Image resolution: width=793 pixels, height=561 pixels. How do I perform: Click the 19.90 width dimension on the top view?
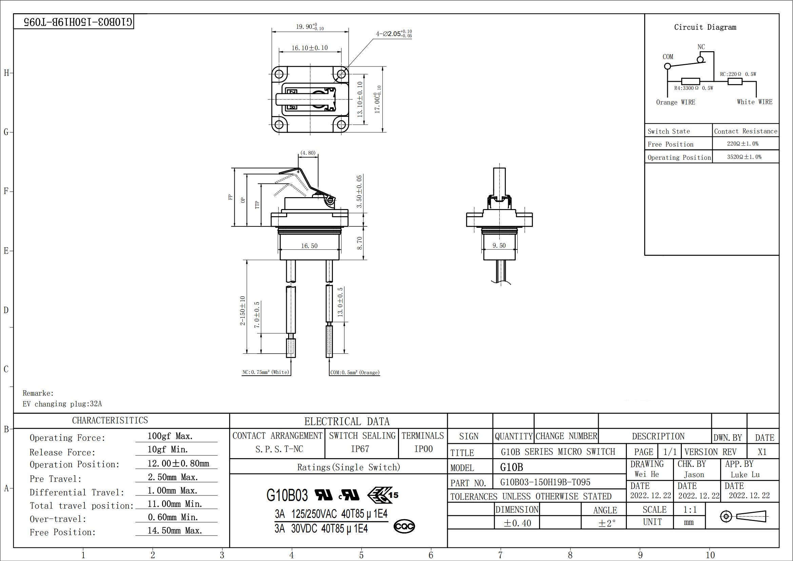[x=310, y=27]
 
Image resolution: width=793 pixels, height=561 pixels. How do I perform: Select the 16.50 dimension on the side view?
[x=309, y=246]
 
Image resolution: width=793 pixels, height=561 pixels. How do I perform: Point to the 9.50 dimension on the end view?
[x=499, y=245]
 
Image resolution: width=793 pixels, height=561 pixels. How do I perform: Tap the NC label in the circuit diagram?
[x=701, y=46]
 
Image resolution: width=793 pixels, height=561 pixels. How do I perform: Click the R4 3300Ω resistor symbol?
[x=690, y=81]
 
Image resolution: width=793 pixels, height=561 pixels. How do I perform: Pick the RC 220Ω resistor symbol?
[x=735, y=81]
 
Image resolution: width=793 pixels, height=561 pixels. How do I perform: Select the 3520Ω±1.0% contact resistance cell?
[x=744, y=157]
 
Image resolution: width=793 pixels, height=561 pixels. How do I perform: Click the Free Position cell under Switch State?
[x=670, y=144]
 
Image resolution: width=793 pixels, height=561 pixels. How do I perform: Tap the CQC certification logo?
[x=404, y=526]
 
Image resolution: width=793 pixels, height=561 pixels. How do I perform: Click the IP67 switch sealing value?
[x=360, y=449]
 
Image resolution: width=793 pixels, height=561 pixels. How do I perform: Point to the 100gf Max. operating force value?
[x=170, y=436]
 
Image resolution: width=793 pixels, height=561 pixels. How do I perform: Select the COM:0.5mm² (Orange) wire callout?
[x=355, y=372]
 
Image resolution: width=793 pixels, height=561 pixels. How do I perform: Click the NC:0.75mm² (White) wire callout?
[x=266, y=372]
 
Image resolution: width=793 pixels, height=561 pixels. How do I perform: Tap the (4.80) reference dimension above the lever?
[x=308, y=153]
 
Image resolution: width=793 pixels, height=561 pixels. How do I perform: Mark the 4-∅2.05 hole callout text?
[x=394, y=34]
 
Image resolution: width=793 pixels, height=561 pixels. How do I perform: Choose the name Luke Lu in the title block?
[x=745, y=474]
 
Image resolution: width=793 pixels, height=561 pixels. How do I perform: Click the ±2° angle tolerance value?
[x=607, y=523]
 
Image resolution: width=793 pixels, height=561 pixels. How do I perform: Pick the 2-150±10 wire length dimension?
[x=243, y=311]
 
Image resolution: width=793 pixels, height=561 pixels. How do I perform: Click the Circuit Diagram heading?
[x=705, y=27]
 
